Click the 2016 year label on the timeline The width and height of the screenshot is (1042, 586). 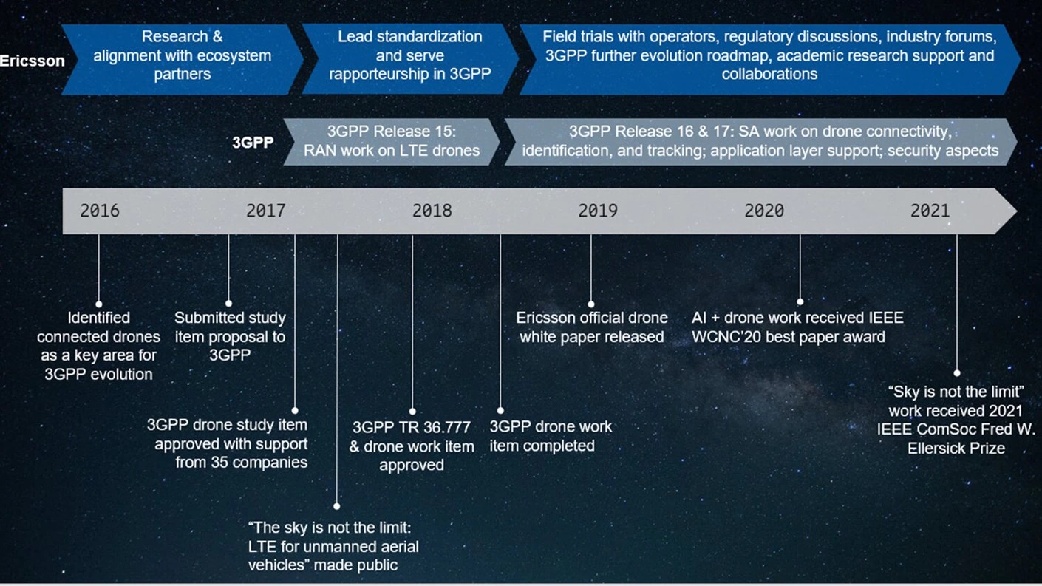(x=100, y=211)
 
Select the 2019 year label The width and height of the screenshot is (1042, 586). (x=598, y=211)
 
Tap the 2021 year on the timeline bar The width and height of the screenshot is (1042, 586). (x=930, y=211)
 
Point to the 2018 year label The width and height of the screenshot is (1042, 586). (x=432, y=211)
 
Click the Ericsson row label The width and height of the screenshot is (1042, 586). (x=32, y=61)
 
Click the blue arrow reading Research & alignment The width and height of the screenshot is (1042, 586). (x=182, y=55)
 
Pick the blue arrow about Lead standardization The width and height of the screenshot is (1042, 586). (x=409, y=55)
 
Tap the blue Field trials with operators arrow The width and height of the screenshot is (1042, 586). (x=769, y=55)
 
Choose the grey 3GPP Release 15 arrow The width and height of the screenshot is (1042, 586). (x=392, y=142)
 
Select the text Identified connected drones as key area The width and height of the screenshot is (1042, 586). (x=98, y=346)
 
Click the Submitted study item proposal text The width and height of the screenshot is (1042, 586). (x=230, y=336)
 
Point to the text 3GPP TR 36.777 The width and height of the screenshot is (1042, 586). (x=412, y=428)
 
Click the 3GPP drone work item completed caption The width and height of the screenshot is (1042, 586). (x=551, y=436)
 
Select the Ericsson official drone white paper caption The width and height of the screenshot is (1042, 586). (x=591, y=327)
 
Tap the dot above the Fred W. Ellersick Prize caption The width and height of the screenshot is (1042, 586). (x=957, y=373)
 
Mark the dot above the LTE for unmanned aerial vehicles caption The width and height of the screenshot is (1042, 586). (x=337, y=506)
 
